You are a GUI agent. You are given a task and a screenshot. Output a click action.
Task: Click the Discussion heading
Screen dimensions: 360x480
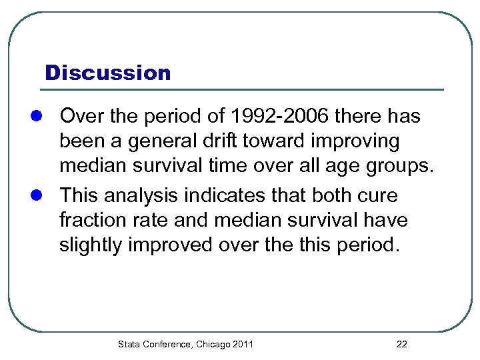(x=107, y=72)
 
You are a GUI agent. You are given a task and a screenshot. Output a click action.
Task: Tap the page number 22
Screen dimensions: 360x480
(x=401, y=344)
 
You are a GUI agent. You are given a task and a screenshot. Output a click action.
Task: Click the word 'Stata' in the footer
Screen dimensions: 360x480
(x=129, y=344)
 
